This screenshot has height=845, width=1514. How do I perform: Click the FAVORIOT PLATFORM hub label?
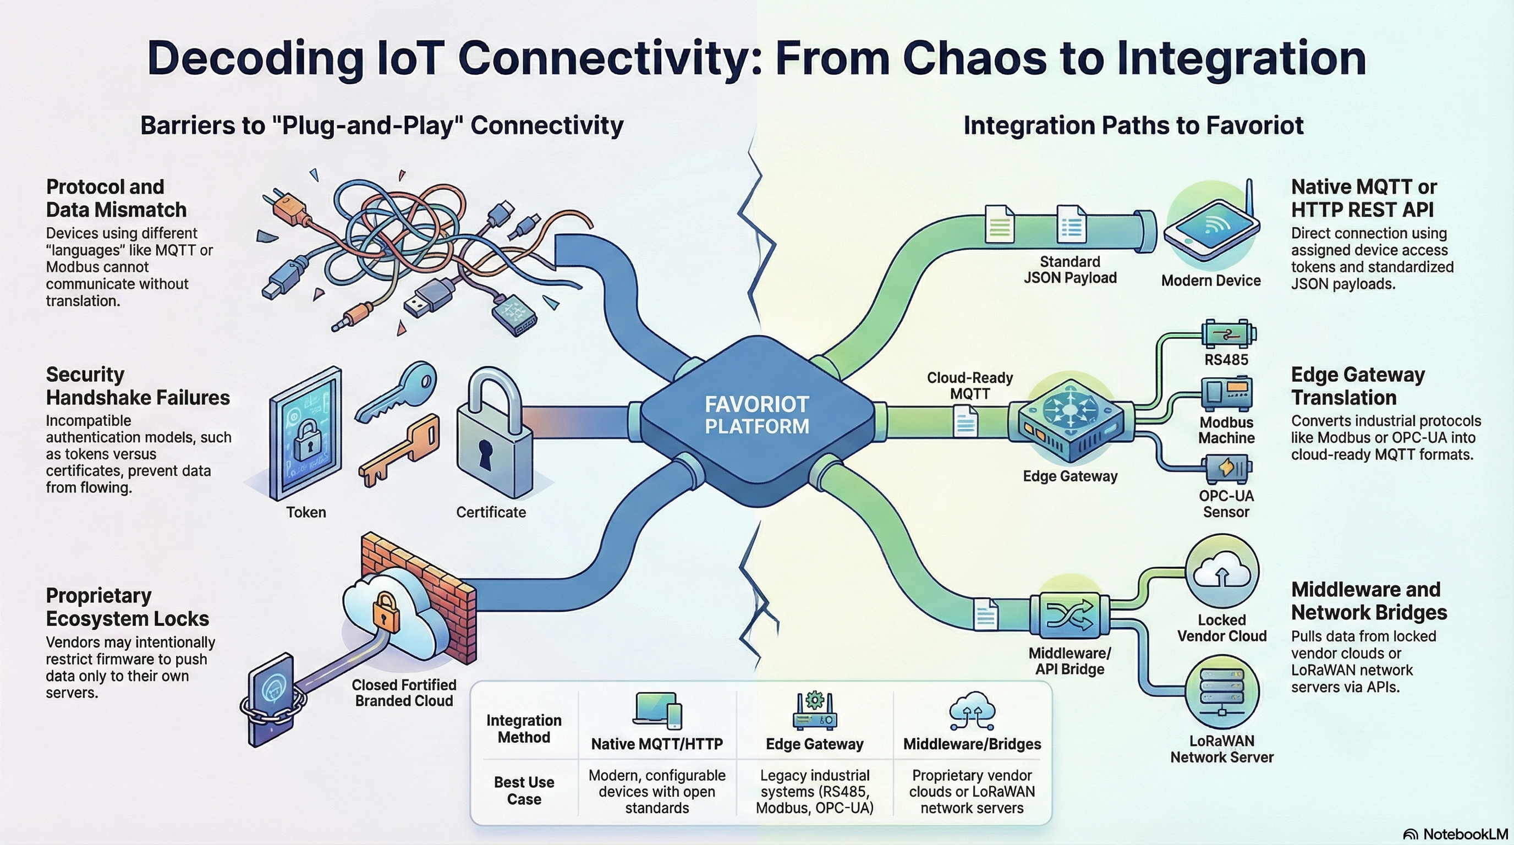[x=756, y=415]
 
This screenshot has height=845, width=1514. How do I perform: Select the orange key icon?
[x=399, y=450]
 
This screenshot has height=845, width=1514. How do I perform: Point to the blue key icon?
[x=397, y=391]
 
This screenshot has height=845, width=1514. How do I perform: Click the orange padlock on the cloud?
[x=385, y=612]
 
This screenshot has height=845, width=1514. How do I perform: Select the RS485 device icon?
[x=1227, y=334]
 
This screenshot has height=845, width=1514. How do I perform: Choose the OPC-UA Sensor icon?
[x=1227, y=468]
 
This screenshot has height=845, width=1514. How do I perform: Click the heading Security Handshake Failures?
[x=138, y=386]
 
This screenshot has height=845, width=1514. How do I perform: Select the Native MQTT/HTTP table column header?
[x=656, y=744]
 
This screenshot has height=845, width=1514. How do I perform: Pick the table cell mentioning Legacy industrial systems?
[x=815, y=792]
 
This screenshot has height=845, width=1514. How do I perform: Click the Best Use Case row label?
[x=524, y=791]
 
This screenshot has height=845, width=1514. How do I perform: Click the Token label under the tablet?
[x=306, y=512]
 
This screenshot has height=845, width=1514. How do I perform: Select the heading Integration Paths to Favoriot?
[x=1133, y=126]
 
